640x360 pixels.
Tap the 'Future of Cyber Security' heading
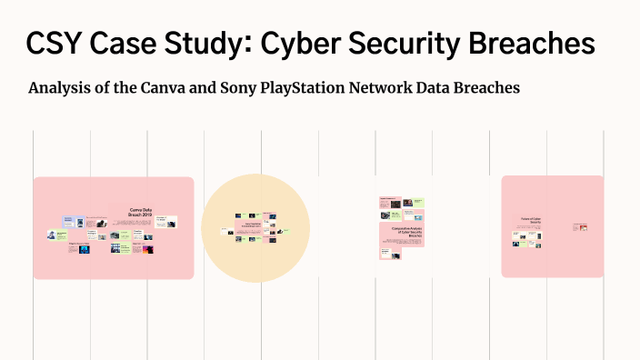pyautogui.click(x=530, y=220)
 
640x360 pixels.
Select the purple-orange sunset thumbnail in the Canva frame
pyautogui.click(x=148, y=248)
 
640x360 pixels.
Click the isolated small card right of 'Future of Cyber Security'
pyautogui.click(x=580, y=226)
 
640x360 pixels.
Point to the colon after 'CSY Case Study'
pyautogui.click(x=239, y=45)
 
